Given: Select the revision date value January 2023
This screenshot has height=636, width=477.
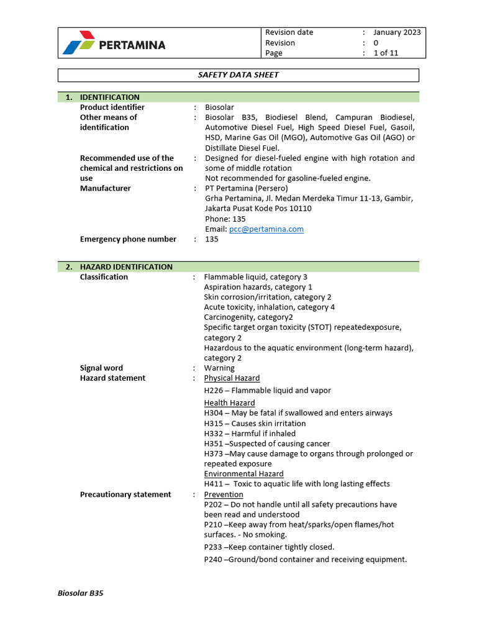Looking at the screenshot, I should [x=397, y=32].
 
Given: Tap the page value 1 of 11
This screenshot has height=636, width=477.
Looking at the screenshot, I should [x=386, y=53].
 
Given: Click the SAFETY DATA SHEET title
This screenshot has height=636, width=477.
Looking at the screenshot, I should [x=238, y=75].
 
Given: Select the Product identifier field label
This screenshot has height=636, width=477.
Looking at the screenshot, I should [x=112, y=107].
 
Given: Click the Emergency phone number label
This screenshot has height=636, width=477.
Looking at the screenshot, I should [x=128, y=239].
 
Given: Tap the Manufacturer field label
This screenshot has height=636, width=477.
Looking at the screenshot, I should [x=106, y=188].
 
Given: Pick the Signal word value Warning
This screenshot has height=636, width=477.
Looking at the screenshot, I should [x=219, y=368].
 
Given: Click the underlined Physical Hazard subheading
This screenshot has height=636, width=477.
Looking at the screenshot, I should [x=232, y=378].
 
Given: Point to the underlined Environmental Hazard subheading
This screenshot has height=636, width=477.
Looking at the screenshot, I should [x=243, y=474].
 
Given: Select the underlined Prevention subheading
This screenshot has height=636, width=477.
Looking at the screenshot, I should [x=224, y=494].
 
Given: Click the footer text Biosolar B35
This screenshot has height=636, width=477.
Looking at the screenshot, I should [x=80, y=593].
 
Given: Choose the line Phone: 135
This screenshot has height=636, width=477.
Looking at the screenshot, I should [x=225, y=219].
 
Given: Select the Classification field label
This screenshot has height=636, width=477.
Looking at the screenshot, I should [x=104, y=277].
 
